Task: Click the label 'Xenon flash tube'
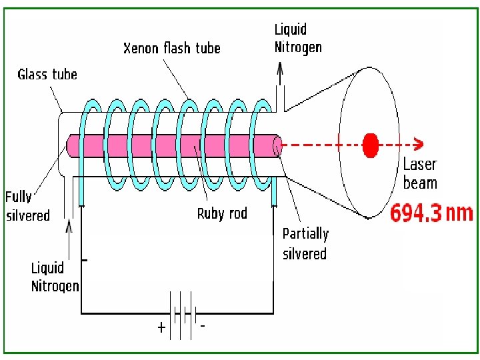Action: click(x=172, y=48)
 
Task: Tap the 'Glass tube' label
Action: click(x=47, y=74)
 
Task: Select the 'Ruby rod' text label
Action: click(x=222, y=213)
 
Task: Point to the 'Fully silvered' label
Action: click(x=28, y=205)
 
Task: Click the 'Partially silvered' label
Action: click(x=305, y=243)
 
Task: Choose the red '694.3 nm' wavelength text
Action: click(x=431, y=213)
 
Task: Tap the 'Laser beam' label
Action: click(x=420, y=173)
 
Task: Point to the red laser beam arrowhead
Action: click(x=419, y=143)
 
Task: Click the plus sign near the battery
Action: click(x=161, y=328)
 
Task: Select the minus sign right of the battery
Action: click(x=202, y=325)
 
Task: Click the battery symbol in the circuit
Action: click(x=181, y=313)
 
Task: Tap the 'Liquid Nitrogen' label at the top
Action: click(x=298, y=38)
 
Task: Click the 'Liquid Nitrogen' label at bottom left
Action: click(x=55, y=277)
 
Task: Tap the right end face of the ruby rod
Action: click(x=277, y=144)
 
